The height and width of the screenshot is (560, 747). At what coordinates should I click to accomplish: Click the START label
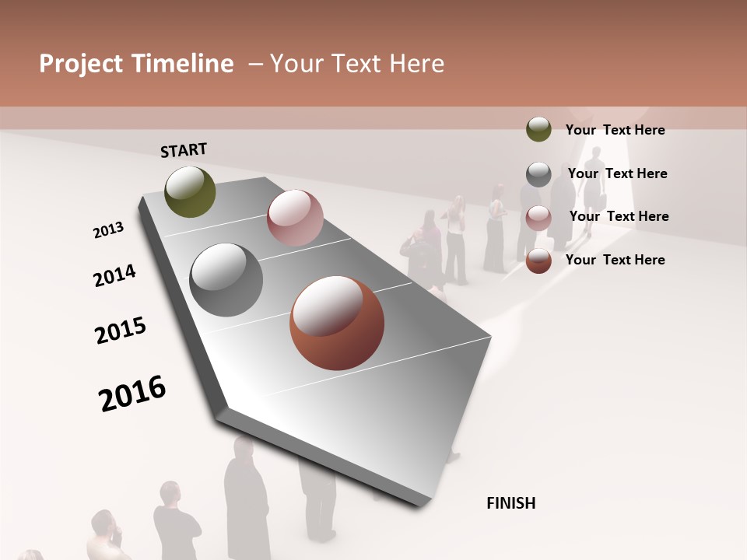click(x=184, y=150)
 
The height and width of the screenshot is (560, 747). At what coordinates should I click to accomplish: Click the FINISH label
click(x=510, y=503)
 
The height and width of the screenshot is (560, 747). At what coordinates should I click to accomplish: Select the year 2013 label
click(x=108, y=230)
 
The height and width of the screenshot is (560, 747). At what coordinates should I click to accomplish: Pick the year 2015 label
click(x=121, y=331)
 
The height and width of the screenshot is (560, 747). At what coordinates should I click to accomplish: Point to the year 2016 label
click(x=132, y=394)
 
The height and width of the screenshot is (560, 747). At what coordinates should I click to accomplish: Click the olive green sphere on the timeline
click(x=190, y=191)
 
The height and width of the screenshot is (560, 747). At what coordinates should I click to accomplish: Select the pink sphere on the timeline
click(x=295, y=218)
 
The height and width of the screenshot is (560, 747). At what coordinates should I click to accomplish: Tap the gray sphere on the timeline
click(x=226, y=280)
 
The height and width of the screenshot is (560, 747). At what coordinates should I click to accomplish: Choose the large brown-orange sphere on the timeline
click(x=336, y=323)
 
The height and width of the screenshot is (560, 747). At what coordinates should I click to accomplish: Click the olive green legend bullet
click(x=538, y=130)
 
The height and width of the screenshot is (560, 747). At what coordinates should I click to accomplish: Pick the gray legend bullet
click(x=538, y=174)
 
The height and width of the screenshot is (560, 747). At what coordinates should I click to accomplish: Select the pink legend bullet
click(x=538, y=218)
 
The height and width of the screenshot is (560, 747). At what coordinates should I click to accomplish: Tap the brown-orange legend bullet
click(x=538, y=261)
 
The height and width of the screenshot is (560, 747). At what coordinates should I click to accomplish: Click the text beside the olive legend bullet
click(x=615, y=130)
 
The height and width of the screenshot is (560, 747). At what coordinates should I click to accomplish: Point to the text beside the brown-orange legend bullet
click(x=615, y=260)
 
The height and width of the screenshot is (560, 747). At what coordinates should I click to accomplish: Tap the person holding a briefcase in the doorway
click(x=594, y=187)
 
